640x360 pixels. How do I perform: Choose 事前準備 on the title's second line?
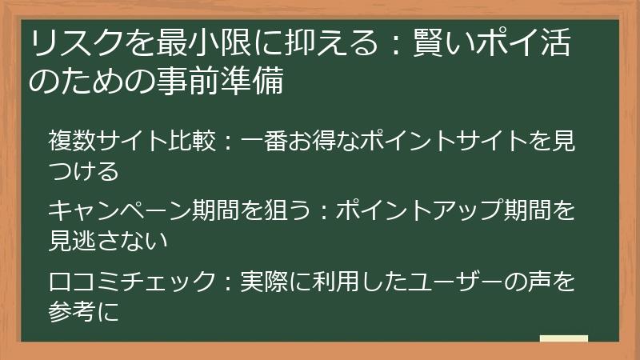pyautogui.click(x=221, y=82)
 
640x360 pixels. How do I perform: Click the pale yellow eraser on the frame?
pyautogui.click(x=564, y=338)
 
